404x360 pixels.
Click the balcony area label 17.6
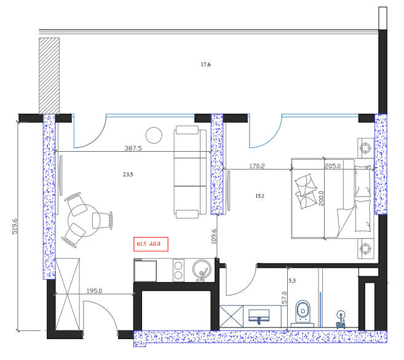tap(205, 65)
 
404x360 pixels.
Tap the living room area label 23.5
tap(128, 174)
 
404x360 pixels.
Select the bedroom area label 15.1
tap(259, 196)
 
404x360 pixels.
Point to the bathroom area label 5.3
tap(292, 281)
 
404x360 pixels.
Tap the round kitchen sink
tap(201, 269)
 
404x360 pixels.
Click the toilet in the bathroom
tap(303, 311)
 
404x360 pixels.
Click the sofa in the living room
tap(189, 172)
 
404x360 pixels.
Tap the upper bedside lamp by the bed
tap(365, 147)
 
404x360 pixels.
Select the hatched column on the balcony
tap(49, 75)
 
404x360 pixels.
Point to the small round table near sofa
tap(152, 135)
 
